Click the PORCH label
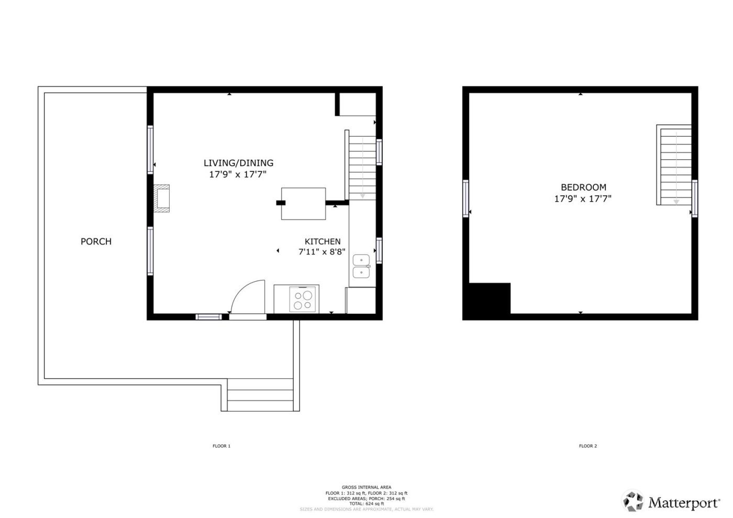click(x=96, y=241)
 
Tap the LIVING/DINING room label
click(x=238, y=163)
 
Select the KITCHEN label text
click(x=323, y=241)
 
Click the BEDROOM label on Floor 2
click(x=583, y=187)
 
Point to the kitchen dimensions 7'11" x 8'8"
click(x=322, y=252)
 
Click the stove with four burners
click(x=304, y=300)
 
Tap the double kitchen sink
click(x=361, y=266)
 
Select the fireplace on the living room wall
click(x=162, y=198)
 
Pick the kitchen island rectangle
click(x=304, y=204)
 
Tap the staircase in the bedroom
click(x=675, y=165)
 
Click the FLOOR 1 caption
click(x=221, y=446)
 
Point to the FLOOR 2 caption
click(x=587, y=446)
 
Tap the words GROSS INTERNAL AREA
click(x=366, y=488)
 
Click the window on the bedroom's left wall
click(x=465, y=198)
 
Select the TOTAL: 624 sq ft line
click(x=366, y=504)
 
